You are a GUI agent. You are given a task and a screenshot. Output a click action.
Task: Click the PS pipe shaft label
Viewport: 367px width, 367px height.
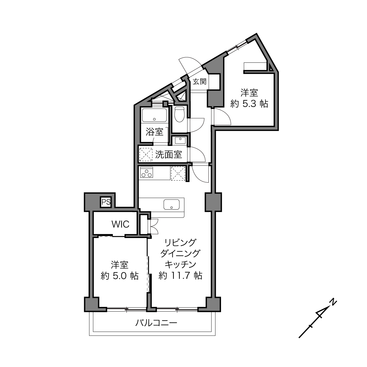point(106,202)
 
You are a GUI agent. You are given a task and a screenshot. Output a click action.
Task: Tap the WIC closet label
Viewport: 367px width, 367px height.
point(120,224)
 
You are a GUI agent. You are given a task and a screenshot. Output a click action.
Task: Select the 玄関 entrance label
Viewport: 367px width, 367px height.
point(200,82)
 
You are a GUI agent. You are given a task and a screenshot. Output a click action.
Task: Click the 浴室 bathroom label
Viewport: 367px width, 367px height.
point(154,132)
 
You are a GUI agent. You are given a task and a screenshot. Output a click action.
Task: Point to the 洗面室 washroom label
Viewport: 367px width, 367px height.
point(169,154)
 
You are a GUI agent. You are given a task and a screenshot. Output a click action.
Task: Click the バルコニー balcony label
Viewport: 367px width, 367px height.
point(156,323)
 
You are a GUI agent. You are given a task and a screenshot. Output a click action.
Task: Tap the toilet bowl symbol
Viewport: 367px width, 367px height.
point(179,114)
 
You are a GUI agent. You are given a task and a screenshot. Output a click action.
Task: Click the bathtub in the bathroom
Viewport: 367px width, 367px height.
point(154,115)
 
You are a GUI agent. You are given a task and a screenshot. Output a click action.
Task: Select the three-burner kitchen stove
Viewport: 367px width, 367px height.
point(147,172)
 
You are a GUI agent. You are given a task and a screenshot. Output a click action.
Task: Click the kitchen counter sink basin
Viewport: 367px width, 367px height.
point(171,205)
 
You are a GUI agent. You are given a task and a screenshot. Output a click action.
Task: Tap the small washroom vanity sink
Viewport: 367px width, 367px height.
point(180,140)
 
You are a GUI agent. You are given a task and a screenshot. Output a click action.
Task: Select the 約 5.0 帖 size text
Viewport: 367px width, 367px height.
point(119,276)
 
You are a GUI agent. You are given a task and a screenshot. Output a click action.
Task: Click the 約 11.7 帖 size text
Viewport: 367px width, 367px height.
point(180,275)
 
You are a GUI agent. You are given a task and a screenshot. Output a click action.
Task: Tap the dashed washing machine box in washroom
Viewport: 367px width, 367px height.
point(146,154)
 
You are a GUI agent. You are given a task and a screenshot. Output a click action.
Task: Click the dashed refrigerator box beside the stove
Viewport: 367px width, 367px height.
point(178,173)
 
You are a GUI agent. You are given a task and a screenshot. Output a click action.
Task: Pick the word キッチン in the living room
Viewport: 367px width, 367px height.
point(180,264)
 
